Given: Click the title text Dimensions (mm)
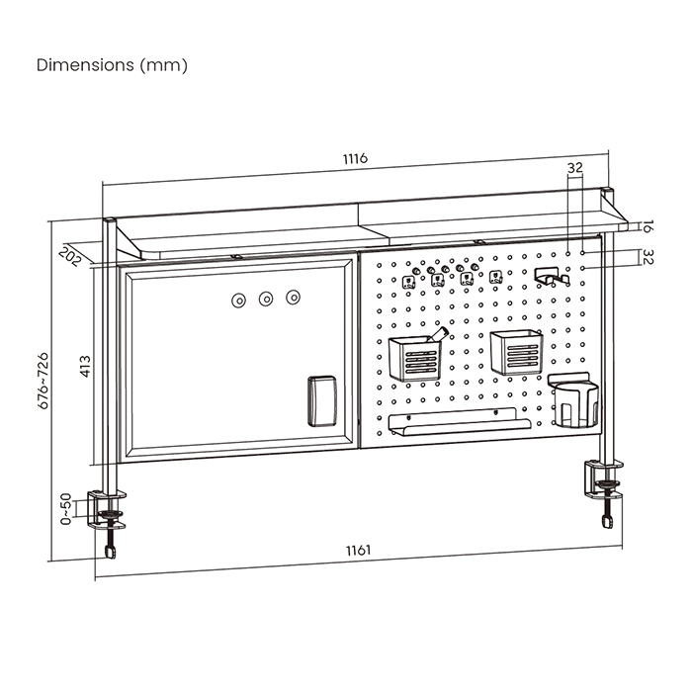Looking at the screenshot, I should click(112, 65).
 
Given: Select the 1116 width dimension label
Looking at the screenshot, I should click(355, 159).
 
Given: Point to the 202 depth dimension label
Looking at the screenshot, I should click(70, 254).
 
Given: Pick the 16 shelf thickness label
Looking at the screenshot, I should click(647, 227).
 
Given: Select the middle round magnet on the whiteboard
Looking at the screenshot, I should click(266, 298).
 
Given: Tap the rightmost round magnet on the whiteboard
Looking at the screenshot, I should click(293, 297).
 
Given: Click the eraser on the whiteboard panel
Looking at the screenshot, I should click(323, 400).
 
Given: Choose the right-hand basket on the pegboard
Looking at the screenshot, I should click(515, 353).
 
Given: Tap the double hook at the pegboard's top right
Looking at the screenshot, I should click(552, 276).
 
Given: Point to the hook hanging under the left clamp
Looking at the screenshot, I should click(111, 545).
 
